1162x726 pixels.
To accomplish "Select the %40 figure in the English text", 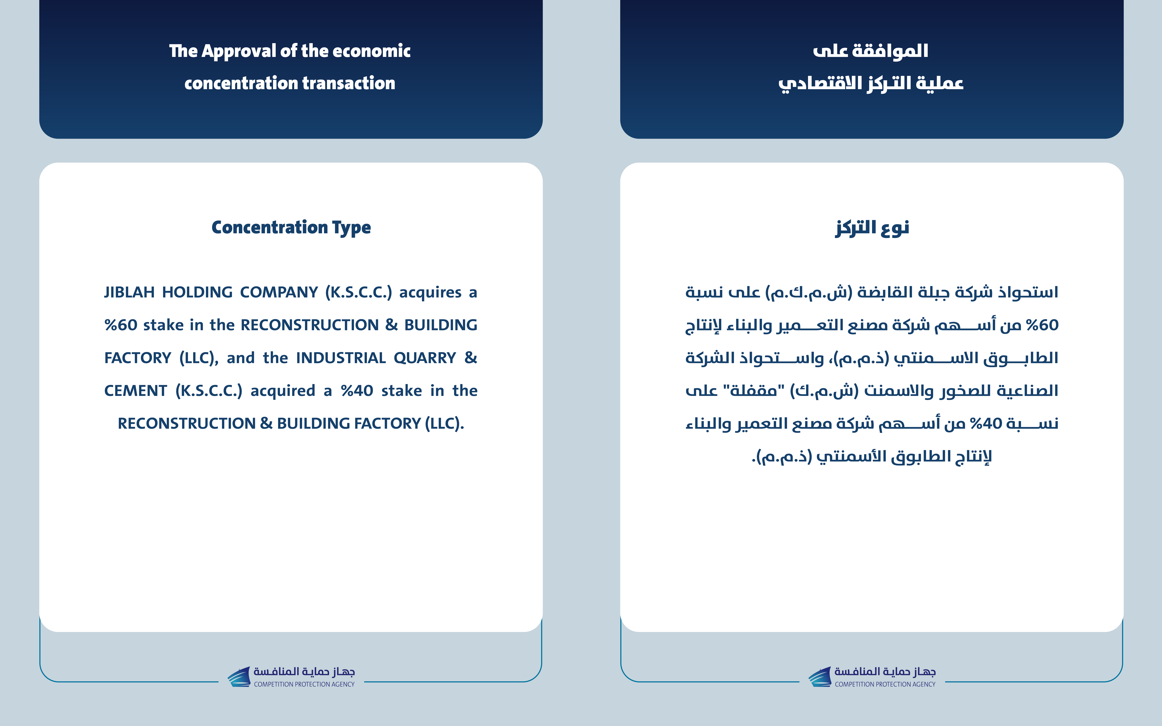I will point(357,391).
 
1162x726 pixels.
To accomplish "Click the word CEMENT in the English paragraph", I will point(135,391).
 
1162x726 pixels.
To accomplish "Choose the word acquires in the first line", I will point(430,292).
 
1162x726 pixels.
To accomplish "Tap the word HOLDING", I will point(197,292).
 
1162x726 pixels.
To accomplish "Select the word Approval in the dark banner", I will point(238,51).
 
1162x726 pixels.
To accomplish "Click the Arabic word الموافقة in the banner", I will point(890,51).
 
